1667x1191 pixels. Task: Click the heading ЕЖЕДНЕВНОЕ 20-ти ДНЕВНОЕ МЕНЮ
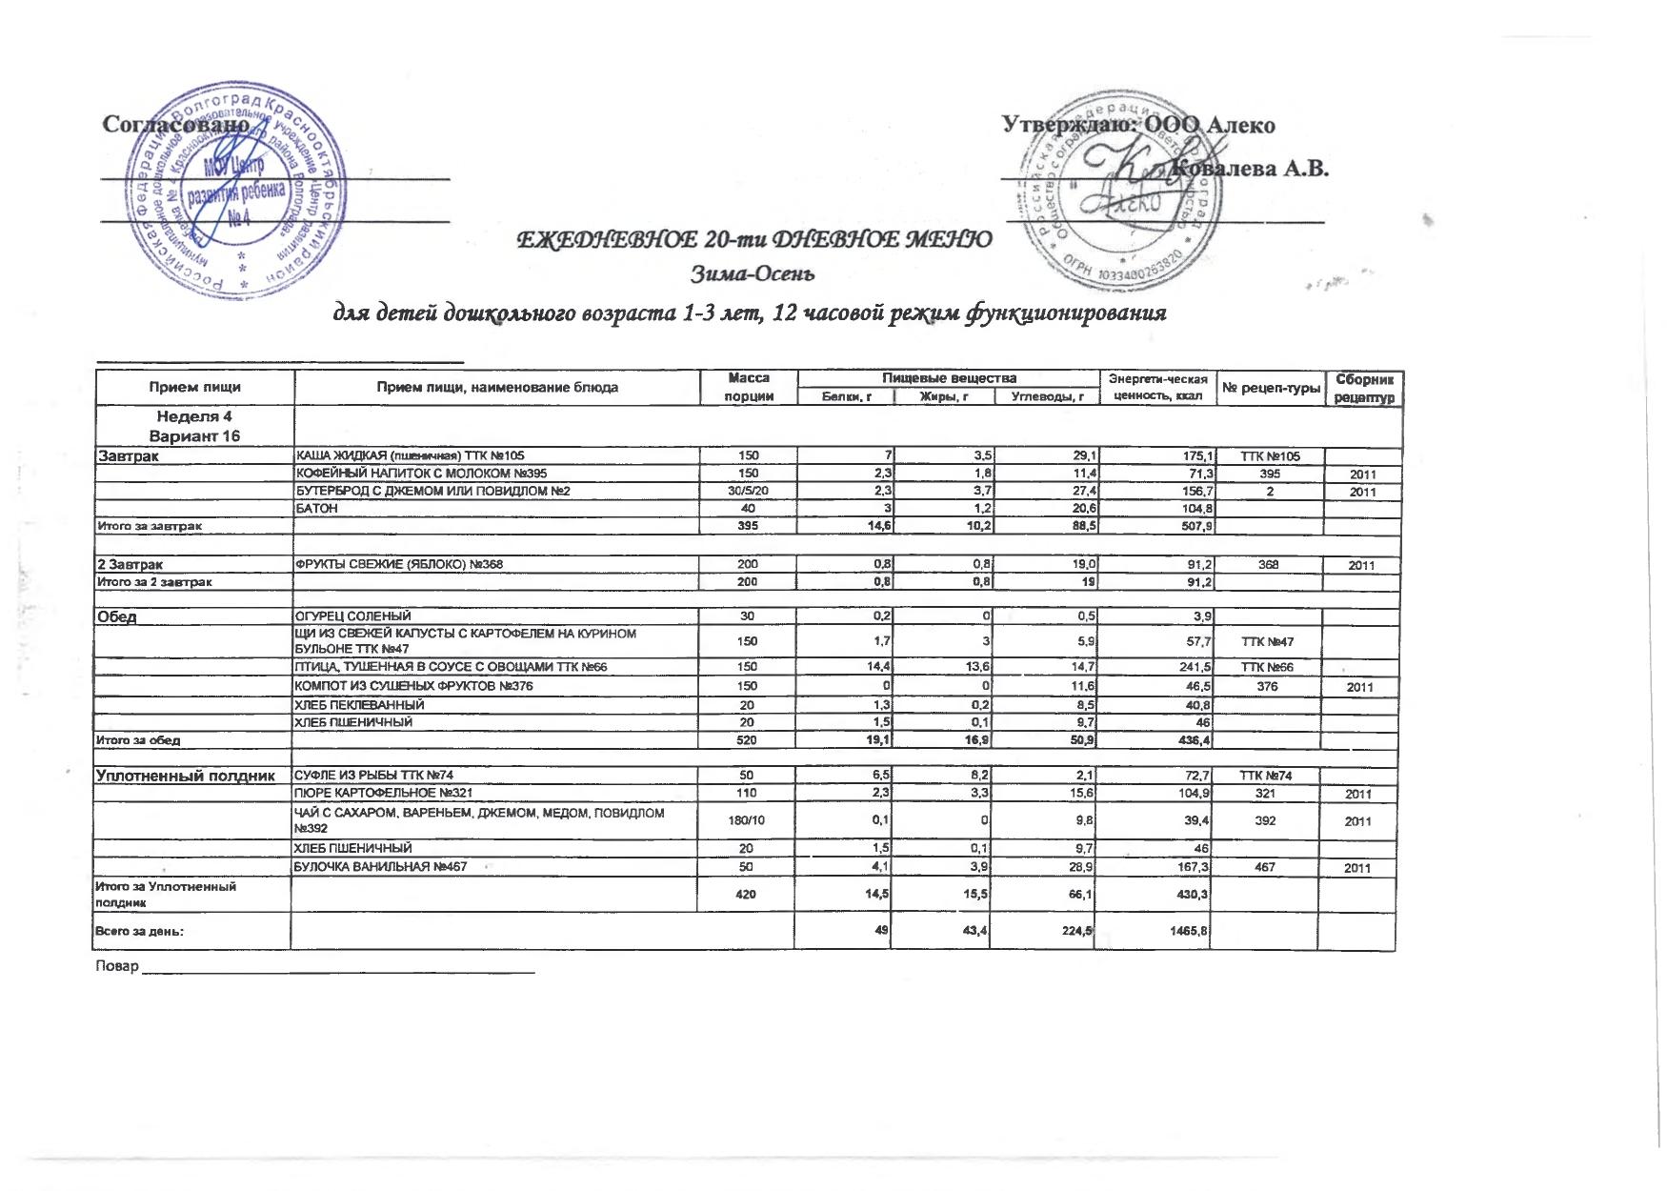click(753, 238)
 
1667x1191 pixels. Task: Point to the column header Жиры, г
click(944, 396)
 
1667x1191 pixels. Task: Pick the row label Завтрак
click(128, 456)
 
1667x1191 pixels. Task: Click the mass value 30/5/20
click(748, 491)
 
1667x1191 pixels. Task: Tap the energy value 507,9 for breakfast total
click(1195, 526)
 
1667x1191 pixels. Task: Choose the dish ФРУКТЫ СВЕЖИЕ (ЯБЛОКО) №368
click(399, 564)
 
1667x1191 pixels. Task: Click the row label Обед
click(115, 616)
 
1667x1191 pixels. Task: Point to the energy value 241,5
click(1193, 667)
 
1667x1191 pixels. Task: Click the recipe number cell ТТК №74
click(1266, 776)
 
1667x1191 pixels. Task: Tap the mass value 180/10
click(747, 820)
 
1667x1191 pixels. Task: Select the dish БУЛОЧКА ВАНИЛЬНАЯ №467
click(381, 867)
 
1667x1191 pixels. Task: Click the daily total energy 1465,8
click(1191, 931)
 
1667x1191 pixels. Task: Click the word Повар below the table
click(117, 966)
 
